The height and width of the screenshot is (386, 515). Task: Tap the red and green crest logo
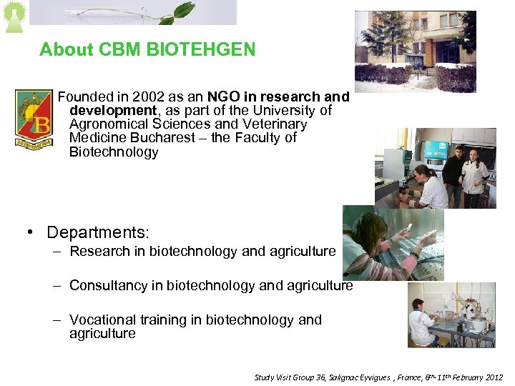(x=33, y=118)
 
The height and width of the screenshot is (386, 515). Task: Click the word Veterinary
(x=274, y=124)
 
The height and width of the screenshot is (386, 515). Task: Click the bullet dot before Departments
(x=31, y=233)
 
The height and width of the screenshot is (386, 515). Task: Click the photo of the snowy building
(x=415, y=51)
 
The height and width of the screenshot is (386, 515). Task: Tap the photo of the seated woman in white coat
(x=451, y=315)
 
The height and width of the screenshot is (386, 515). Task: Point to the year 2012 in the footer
(x=493, y=377)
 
